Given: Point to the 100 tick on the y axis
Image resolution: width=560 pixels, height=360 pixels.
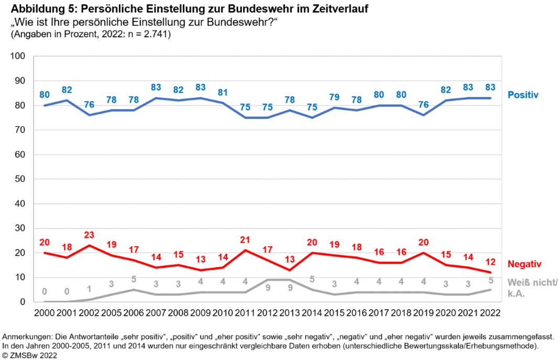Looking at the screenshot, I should point(18,56).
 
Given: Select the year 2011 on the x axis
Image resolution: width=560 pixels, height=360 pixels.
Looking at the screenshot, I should point(245,313).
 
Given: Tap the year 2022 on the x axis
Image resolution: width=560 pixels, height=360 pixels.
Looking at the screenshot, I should point(491,313).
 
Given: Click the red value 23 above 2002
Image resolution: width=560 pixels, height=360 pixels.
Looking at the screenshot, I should point(89,234).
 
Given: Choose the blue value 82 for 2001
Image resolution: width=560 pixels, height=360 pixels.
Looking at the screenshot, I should point(67,89).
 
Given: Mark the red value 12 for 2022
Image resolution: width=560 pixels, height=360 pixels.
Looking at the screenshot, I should point(491,261).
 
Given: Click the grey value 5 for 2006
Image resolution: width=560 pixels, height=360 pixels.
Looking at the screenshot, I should point(134,279).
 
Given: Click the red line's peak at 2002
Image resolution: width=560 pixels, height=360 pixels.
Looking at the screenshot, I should point(89,245).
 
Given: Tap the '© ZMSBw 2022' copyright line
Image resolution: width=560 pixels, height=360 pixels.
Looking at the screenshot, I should point(30,355).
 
